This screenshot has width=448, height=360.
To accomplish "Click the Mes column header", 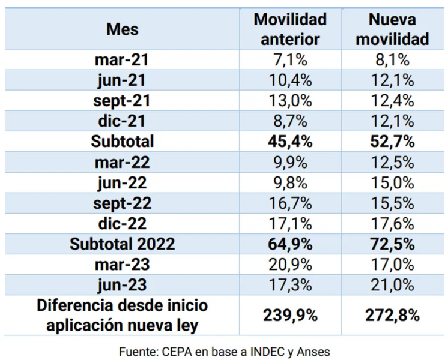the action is pyautogui.click(x=123, y=29).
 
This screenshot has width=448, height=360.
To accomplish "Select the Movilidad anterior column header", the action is pyautogui.click(x=290, y=29).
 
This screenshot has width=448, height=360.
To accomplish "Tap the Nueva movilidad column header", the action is pyautogui.click(x=392, y=29).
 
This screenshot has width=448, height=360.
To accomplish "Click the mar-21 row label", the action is pyautogui.click(x=122, y=60).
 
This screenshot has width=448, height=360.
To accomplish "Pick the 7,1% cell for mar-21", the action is pyautogui.click(x=290, y=60).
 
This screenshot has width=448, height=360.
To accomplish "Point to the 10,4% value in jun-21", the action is pyautogui.click(x=290, y=80).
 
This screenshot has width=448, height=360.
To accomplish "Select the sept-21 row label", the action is pyautogui.click(x=122, y=101).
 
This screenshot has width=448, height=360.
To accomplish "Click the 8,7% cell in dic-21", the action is pyautogui.click(x=290, y=121).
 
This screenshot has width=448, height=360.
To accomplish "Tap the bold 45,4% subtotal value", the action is pyautogui.click(x=290, y=142).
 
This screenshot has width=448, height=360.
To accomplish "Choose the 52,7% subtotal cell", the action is pyautogui.click(x=392, y=142).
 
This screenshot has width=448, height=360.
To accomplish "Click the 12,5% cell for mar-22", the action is pyautogui.click(x=392, y=163).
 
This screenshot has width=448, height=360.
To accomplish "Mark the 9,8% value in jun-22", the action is pyautogui.click(x=290, y=183).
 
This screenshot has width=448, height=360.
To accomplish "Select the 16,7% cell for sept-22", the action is pyautogui.click(x=290, y=203).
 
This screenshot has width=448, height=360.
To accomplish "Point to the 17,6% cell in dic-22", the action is pyautogui.click(x=392, y=224).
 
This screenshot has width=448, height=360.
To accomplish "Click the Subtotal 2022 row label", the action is pyautogui.click(x=123, y=244).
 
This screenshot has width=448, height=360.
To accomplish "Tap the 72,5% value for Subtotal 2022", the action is pyautogui.click(x=392, y=244).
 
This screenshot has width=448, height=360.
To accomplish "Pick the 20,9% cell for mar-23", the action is pyautogui.click(x=290, y=265).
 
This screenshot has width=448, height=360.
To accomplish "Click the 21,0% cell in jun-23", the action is pyautogui.click(x=392, y=285).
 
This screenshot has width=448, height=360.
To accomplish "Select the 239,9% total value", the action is pyautogui.click(x=290, y=316).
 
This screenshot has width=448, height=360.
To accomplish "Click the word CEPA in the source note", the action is pyautogui.click(x=177, y=352).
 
